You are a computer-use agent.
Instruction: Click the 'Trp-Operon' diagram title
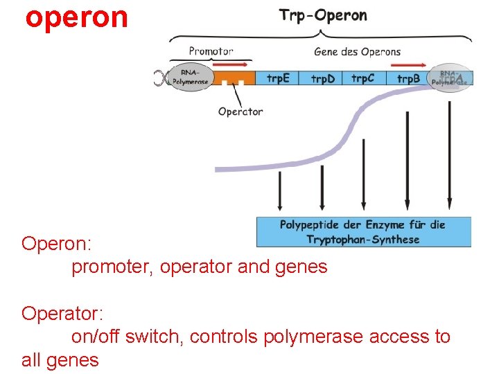pyautogui.click(x=323, y=15)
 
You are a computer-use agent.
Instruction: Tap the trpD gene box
pyautogui.click(x=322, y=78)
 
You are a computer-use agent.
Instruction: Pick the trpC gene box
pyautogui.click(x=362, y=78)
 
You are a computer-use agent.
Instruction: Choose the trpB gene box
pyautogui.click(x=408, y=78)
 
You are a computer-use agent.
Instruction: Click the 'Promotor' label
pyautogui.click(x=211, y=51)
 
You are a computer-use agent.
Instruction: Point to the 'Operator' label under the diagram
pyautogui.click(x=240, y=112)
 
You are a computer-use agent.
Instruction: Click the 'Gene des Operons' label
pyautogui.click(x=357, y=51)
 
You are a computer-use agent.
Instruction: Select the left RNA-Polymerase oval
pyautogui.click(x=189, y=77)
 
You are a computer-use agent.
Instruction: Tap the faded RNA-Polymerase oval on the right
pyautogui.click(x=450, y=78)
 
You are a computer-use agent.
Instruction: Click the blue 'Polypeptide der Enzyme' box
pyautogui.click(x=363, y=232)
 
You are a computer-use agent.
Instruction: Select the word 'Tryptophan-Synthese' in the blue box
pyautogui.click(x=363, y=240)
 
